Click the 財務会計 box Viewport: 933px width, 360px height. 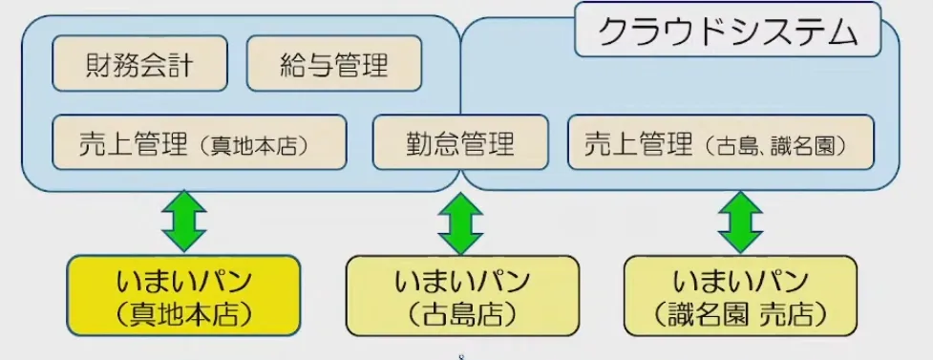139,64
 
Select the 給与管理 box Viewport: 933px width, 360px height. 333,64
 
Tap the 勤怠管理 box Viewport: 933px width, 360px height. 460,142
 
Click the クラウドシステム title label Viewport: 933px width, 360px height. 727,32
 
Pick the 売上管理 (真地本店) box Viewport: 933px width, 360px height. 199,142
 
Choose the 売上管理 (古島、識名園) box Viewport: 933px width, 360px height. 721,142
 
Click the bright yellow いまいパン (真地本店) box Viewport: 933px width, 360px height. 183,295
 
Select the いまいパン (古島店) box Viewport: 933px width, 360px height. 462,295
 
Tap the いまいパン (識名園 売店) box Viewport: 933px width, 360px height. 741,295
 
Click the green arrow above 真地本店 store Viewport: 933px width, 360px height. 184,219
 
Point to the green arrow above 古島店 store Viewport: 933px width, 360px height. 460,222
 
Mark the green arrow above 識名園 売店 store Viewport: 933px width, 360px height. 739,219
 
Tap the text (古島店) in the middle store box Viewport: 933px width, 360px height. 462,311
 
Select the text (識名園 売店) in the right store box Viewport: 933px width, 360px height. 741,311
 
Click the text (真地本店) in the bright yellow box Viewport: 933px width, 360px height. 183,311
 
